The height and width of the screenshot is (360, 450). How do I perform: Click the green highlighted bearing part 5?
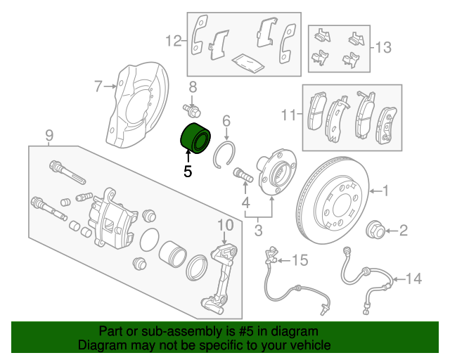coord(195,136)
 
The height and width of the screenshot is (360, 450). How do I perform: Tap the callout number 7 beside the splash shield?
coord(98,86)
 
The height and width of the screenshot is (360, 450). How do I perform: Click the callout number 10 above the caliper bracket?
coord(224,225)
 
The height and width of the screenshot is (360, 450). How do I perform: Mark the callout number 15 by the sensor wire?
coord(300,261)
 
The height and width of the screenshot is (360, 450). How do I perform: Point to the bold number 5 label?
coord(187,170)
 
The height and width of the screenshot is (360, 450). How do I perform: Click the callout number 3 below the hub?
coord(258,229)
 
